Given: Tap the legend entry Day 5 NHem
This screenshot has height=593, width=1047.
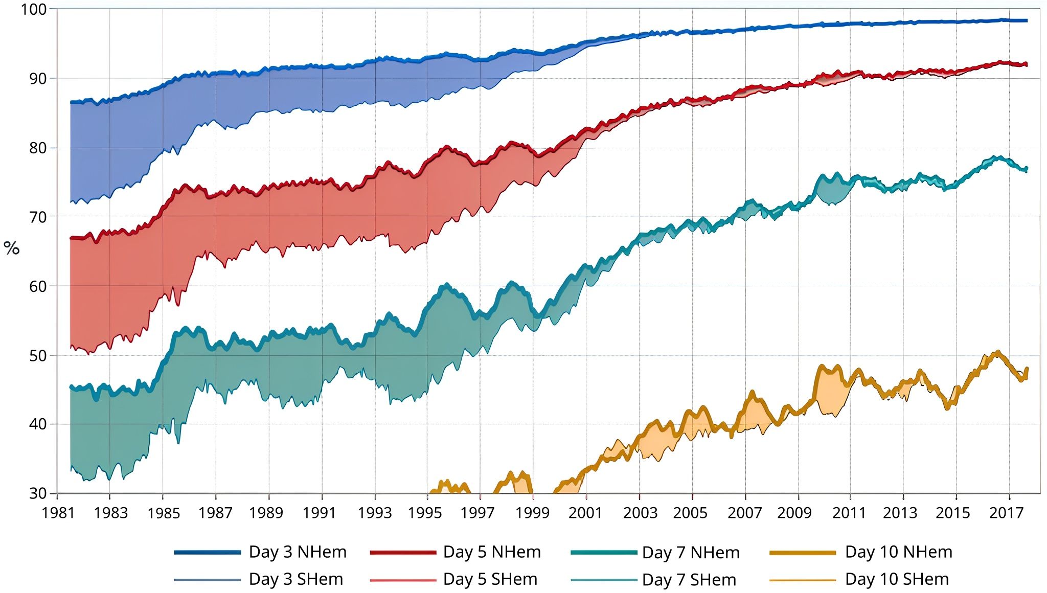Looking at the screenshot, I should (491, 552).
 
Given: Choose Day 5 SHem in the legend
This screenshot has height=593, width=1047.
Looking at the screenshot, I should (490, 579).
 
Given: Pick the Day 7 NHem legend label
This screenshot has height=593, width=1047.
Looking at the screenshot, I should (690, 553).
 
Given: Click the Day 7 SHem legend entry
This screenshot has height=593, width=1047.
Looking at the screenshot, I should (689, 580).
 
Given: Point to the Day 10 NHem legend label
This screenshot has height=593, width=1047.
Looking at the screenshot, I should (898, 552).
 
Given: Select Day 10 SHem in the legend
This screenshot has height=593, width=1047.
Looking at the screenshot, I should (897, 579).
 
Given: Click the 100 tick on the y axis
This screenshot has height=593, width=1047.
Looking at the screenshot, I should (33, 9).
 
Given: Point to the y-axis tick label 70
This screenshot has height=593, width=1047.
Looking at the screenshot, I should (37, 217).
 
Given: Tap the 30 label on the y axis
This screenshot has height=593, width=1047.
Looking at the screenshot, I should (37, 493).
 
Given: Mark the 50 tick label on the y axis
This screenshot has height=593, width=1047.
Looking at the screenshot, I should (37, 355).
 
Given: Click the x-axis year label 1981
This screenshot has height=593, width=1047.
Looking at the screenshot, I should (58, 513).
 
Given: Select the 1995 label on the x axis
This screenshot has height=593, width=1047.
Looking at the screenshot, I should (424, 513).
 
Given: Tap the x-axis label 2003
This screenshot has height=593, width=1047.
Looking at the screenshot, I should (640, 513).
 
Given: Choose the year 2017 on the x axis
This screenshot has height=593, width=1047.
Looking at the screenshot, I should (1006, 513).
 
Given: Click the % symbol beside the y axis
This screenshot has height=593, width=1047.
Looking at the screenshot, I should (11, 248).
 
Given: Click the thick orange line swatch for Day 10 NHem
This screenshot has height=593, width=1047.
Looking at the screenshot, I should (802, 553).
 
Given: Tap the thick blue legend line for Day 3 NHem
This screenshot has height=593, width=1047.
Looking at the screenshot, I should (207, 553).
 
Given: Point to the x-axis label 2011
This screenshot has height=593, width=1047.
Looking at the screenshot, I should (849, 513).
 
